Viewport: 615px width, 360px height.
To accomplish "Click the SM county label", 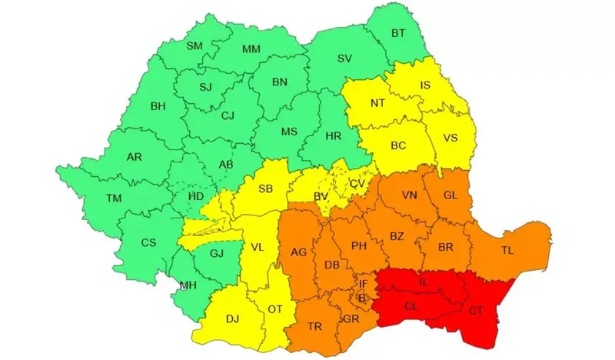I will pos(195,47).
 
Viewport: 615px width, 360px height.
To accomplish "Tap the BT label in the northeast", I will pos(398,33).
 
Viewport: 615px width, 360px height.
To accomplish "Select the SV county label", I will pos(345,59).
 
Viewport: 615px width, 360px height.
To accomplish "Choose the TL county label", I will pos(507,251).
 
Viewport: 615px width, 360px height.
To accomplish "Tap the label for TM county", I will pos(114,198).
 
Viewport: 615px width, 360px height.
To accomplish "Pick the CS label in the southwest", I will pos(148,243).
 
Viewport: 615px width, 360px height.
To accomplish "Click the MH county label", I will pos(187,285).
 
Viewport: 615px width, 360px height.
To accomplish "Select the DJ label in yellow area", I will pos(233,318).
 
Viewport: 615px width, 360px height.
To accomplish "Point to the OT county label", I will pos(274,309).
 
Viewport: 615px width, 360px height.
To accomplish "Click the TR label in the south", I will pos(314,326).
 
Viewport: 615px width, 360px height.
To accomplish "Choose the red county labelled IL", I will pos(423,283).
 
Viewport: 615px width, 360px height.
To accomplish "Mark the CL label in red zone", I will pos(411,306).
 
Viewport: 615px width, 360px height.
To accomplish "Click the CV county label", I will pos(357,184).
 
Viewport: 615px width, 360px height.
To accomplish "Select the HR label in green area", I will pos(334,136).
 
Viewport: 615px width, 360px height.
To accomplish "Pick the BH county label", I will pos(158,106).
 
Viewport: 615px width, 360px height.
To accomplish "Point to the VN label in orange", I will pos(409,195).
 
